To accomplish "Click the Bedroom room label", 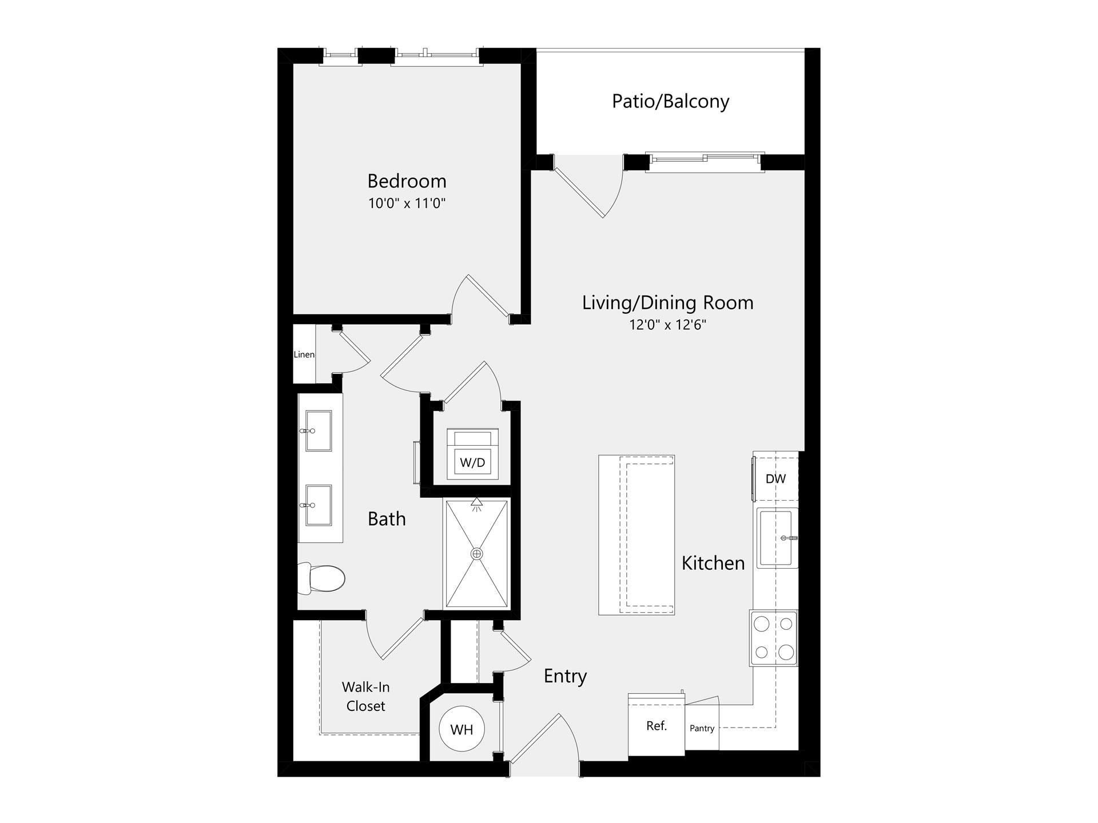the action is point(407,181).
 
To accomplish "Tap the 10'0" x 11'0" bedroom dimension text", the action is point(407,203).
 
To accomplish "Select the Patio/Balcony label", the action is point(671,102).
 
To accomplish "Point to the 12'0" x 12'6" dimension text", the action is point(668,325).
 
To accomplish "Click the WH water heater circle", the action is point(462,729).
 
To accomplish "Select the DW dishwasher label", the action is point(776,479).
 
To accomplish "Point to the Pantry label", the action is point(702,728).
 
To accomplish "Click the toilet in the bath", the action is point(321,578).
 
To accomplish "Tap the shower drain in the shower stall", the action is point(477,554).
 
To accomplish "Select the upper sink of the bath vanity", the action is point(319,431).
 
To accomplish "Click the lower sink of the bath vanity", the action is point(319,505).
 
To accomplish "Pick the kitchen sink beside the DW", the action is point(777,538).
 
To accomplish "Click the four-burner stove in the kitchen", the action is point(774,638).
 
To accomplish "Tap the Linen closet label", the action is point(304,354).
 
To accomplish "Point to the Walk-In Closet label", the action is point(366,697).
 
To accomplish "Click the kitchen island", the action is point(636,535).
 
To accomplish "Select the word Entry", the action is point(565,677).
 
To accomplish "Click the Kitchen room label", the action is point(713,564).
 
